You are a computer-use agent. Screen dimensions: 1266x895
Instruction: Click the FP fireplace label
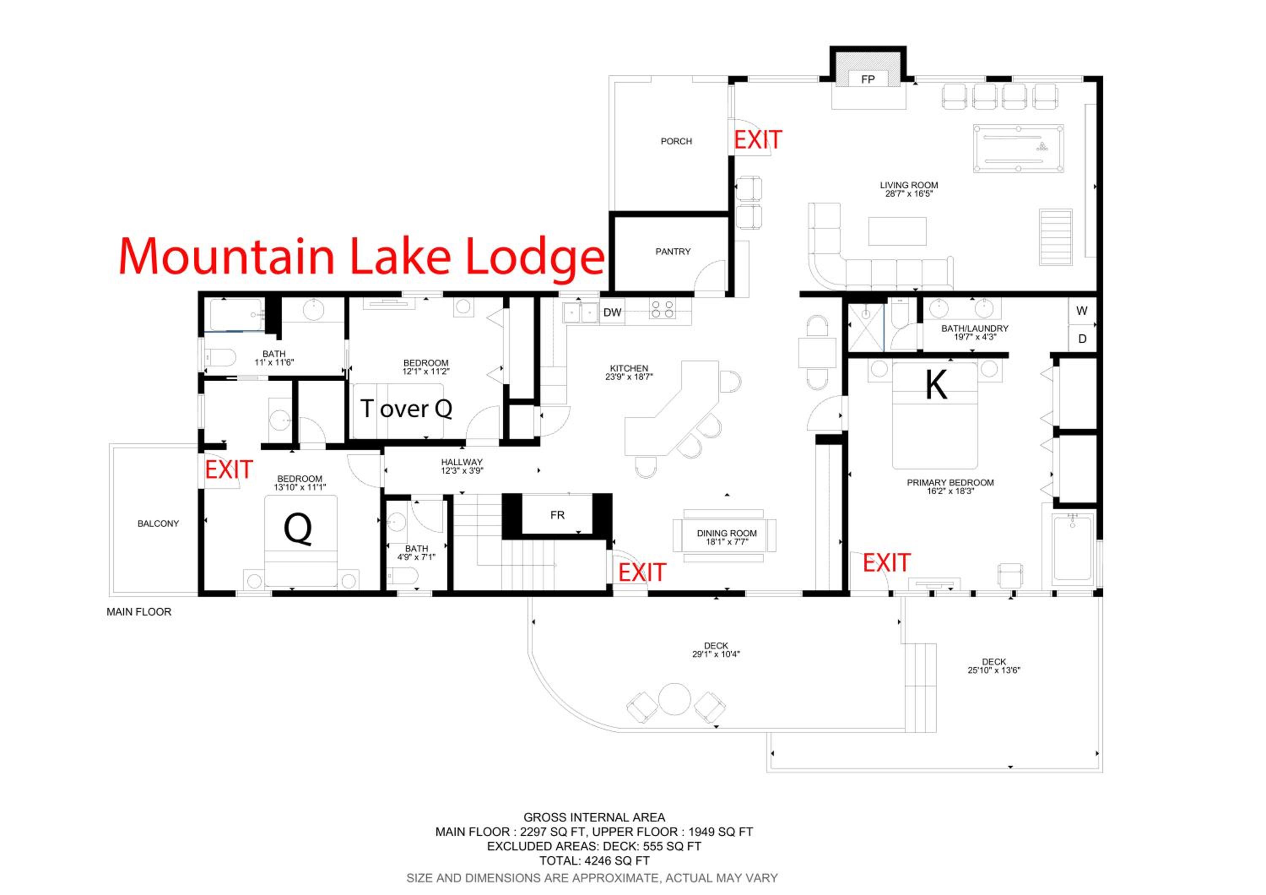pos(868,79)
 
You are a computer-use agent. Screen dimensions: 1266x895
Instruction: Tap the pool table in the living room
pos(1018,148)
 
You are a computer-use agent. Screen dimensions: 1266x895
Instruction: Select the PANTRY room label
pos(673,252)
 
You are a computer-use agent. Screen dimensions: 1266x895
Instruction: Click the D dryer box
pos(1082,339)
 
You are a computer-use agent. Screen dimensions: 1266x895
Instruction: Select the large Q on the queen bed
pos(298,528)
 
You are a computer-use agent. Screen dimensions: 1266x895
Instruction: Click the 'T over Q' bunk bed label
pos(406,409)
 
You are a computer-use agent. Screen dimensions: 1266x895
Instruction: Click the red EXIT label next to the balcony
pos(229,470)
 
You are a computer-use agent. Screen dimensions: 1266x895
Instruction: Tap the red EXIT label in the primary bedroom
pos(887,563)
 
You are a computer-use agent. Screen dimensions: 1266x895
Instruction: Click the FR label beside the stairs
pos(557,515)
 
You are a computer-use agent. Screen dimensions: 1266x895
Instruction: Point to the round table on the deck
pos(675,699)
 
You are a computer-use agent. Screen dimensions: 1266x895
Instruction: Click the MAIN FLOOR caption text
pos(139,612)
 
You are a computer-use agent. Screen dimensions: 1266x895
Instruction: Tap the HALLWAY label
pos(462,462)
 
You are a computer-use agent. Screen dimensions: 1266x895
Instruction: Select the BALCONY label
pos(158,523)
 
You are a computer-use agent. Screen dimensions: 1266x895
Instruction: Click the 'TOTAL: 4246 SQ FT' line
pos(595,860)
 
